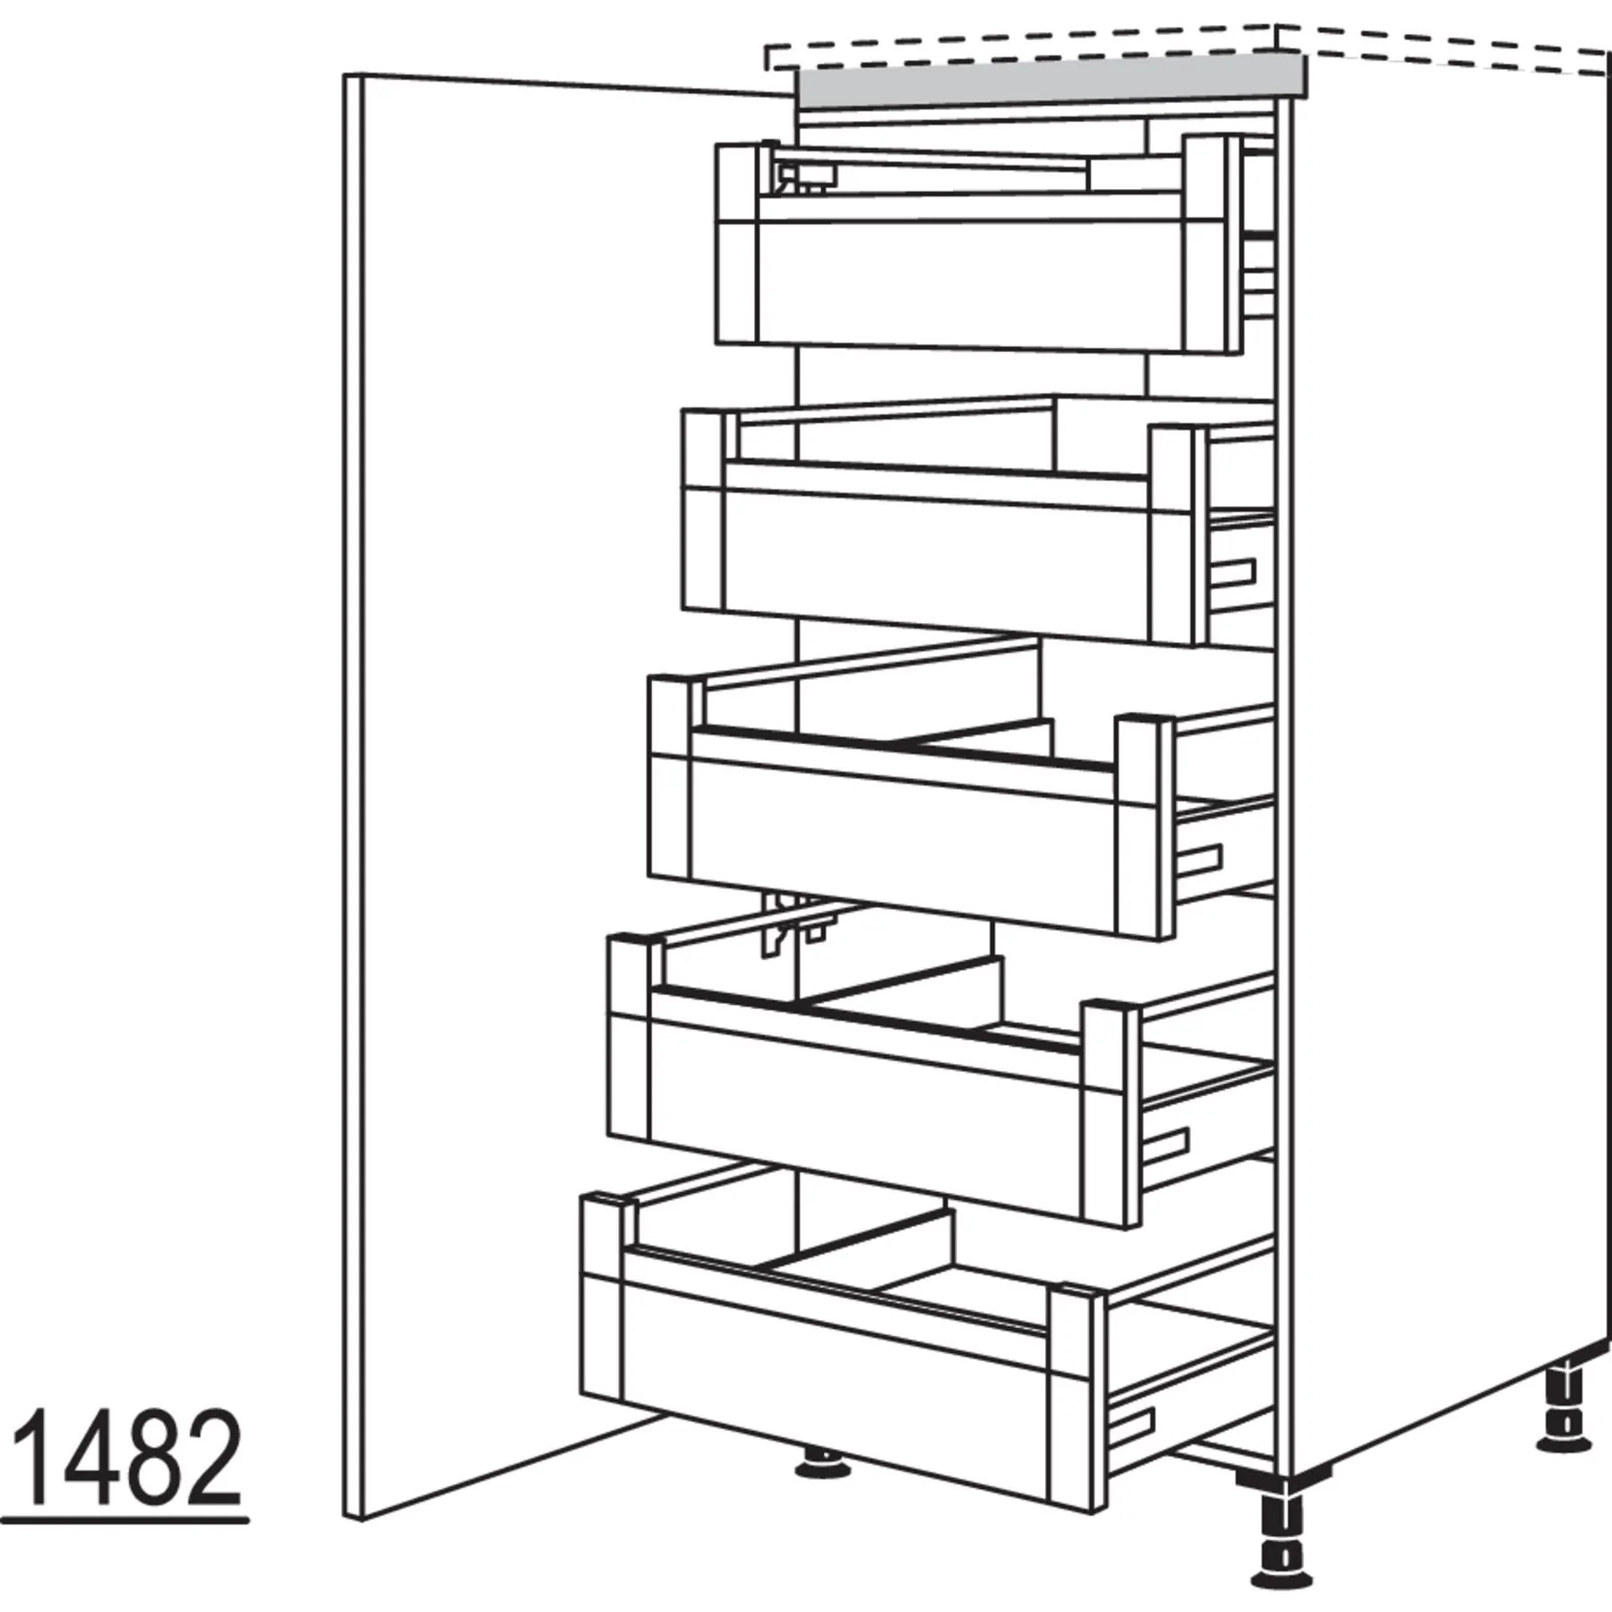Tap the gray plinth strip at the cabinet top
(1050, 79)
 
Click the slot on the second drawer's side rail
(1234, 573)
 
